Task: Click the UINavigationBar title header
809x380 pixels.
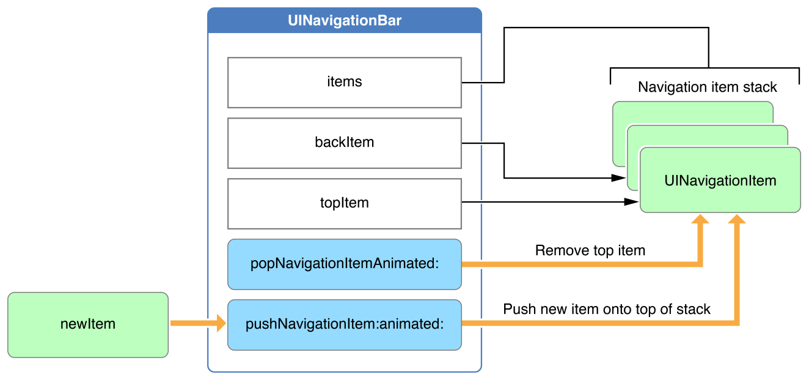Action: [345, 21]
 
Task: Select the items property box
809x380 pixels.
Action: [345, 82]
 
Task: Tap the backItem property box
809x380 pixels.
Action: [345, 143]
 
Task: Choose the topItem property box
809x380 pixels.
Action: [345, 203]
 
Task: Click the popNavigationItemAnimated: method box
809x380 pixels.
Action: [345, 264]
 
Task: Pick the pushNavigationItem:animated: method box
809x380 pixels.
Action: [345, 324]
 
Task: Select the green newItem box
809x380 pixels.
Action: [88, 324]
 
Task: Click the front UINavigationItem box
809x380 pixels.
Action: [720, 181]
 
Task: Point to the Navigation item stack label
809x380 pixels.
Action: [707, 87]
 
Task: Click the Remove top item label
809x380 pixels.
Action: [590, 250]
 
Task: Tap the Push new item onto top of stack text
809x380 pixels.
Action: [606, 309]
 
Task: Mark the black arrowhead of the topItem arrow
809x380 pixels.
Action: [633, 202]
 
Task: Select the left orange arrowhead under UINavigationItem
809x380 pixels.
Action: [700, 220]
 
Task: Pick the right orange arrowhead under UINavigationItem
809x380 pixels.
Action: [738, 220]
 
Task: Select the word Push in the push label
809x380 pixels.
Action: [516, 309]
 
